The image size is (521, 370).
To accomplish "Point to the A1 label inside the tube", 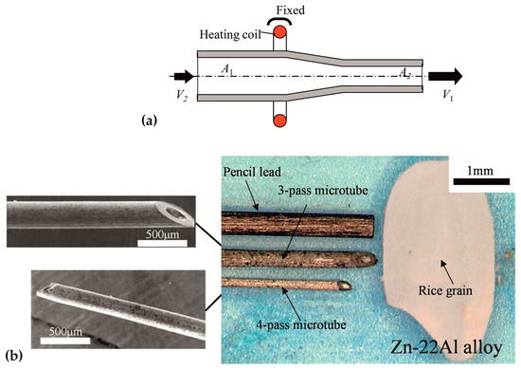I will [227, 69].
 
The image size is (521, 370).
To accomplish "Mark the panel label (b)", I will [14, 357].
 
